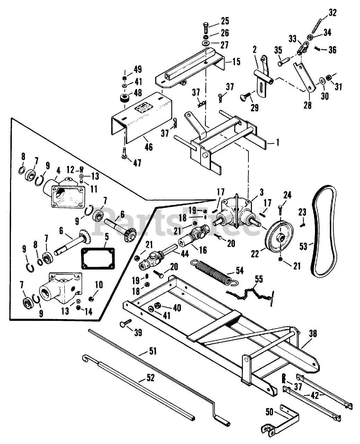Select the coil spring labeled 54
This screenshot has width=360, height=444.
pyautogui.click(x=214, y=271)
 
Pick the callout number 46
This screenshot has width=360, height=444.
pyautogui.click(x=148, y=147)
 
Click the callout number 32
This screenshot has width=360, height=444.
pyautogui.click(x=332, y=13)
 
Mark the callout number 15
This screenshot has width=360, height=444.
pyautogui.click(x=236, y=62)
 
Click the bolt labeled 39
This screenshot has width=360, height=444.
pyautogui.click(x=125, y=323)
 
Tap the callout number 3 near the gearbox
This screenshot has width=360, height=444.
pyautogui.click(x=262, y=192)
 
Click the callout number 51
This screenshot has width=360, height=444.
pyautogui.click(x=153, y=351)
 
